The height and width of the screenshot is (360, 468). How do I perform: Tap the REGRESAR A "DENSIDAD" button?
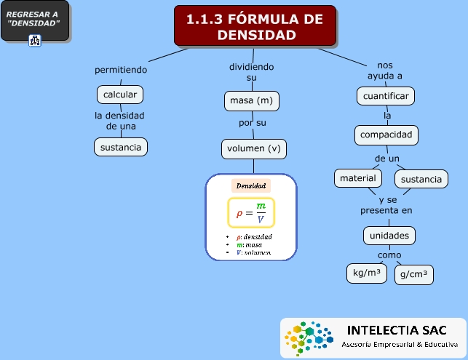point(34,20)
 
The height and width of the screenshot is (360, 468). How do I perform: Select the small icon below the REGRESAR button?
point(35,41)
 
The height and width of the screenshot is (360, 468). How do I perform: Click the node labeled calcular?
point(120,95)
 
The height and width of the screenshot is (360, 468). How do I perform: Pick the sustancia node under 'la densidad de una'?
point(121,147)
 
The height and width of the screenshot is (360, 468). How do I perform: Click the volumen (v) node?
point(253,149)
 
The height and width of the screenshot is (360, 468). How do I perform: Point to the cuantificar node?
point(386,96)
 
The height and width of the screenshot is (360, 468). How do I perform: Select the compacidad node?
point(386,135)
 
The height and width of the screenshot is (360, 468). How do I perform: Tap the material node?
point(357,177)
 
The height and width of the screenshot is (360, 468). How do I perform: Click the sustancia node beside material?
point(421,179)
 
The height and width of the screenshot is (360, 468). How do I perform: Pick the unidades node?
point(389,236)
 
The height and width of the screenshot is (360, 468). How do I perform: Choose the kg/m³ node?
point(368,273)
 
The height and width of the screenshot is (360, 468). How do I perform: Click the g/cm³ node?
point(413,275)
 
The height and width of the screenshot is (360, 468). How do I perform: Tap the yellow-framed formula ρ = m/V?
point(251,213)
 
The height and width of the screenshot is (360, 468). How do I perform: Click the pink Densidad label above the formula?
point(251,186)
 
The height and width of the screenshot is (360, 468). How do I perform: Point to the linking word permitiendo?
point(121,70)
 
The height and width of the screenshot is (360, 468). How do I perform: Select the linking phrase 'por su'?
point(253,123)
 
